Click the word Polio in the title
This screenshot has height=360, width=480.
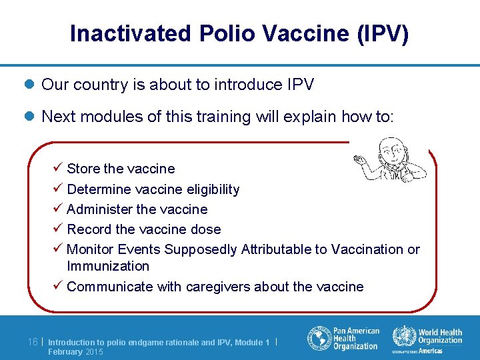click(x=218, y=33)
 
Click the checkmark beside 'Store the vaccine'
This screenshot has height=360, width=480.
click(x=59, y=168)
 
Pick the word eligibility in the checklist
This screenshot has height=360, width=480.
click(x=206, y=189)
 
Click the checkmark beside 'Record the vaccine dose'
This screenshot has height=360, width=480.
click(x=59, y=229)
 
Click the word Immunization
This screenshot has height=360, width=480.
click(x=108, y=266)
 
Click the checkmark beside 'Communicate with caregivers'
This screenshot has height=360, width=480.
click(x=59, y=286)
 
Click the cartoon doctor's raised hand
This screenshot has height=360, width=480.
click(x=359, y=159)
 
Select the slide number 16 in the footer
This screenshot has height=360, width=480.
click(x=33, y=342)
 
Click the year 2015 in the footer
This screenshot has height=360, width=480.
click(x=94, y=352)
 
